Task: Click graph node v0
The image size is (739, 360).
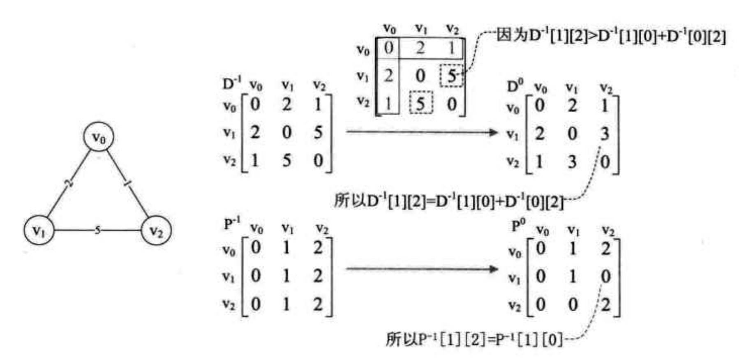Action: coord(98,137)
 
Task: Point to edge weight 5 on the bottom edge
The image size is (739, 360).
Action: coord(97,230)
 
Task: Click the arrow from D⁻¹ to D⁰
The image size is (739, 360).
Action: coord(422,132)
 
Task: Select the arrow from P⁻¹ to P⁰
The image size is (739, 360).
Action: coord(422,269)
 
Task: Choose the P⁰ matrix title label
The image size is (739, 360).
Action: coord(518,225)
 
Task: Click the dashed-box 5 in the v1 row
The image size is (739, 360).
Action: coord(452,76)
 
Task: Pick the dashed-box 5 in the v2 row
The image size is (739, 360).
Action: coord(420,103)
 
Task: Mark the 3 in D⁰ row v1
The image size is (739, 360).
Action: coord(604,134)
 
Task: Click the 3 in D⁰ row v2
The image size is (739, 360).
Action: coord(572,162)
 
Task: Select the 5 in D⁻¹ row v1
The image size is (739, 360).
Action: coord(318,132)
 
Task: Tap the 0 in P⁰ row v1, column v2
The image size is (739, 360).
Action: coord(605,277)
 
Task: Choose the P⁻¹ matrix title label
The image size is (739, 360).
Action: coord(232,224)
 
